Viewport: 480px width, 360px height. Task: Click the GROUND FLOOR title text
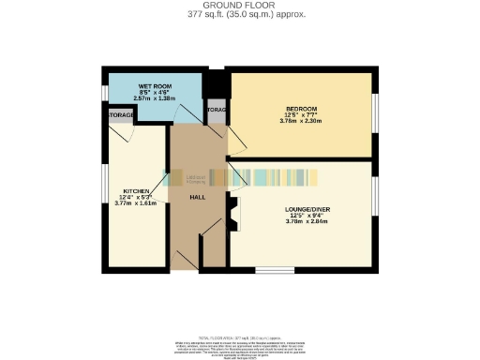pyautogui.click(x=239, y=5)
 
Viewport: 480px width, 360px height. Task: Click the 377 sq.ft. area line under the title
pyautogui.click(x=239, y=14)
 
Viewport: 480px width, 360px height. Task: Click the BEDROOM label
pyautogui.click(x=303, y=110)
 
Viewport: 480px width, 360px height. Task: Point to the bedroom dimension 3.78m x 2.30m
pyautogui.click(x=303, y=121)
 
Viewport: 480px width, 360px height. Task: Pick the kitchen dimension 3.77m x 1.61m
pyautogui.click(x=133, y=202)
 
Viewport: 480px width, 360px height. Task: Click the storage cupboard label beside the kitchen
pyautogui.click(x=119, y=115)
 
